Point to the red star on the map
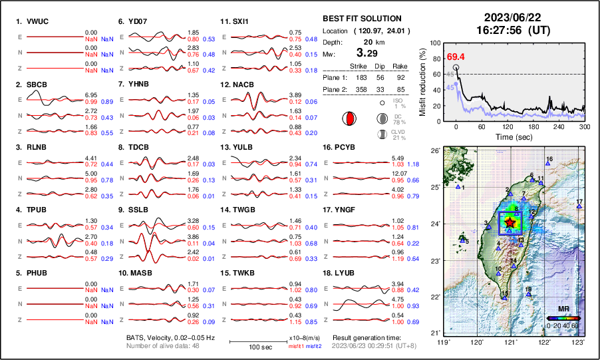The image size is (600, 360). click(510, 222)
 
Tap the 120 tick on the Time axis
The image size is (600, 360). click(508, 127)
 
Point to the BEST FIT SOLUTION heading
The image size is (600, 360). click(362, 19)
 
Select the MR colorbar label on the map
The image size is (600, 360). click(563, 309)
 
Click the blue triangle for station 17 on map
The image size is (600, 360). click(579, 207)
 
